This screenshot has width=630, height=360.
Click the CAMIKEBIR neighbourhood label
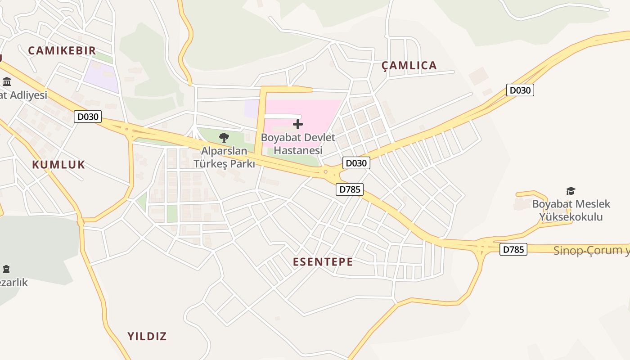pyautogui.click(x=62, y=50)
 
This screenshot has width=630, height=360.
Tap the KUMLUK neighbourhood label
pyautogui.click(x=58, y=165)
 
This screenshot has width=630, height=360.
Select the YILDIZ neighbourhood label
pyautogui.click(x=147, y=336)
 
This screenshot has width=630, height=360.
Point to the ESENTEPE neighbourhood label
pyautogui.click(x=323, y=262)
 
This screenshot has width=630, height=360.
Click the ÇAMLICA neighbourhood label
pyautogui.click(x=409, y=66)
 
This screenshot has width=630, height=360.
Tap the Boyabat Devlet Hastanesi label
pyautogui.click(x=298, y=144)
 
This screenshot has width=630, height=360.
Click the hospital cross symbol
pyautogui.click(x=298, y=124)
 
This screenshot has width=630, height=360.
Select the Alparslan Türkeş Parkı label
pyautogui.click(x=224, y=157)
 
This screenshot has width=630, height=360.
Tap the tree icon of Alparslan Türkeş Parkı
pyautogui.click(x=224, y=138)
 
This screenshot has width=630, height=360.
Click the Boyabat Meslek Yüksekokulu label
pyautogui.click(x=571, y=210)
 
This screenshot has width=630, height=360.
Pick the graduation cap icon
pyautogui.click(x=571, y=191)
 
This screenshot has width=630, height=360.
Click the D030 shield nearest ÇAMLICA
pyautogui.click(x=520, y=90)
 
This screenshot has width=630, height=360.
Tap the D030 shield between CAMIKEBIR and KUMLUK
pyautogui.click(x=88, y=117)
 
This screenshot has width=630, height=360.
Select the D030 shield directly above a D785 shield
pyautogui.click(x=356, y=163)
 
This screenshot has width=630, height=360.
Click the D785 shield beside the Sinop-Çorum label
pyautogui.click(x=513, y=249)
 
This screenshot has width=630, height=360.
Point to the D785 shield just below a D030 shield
pyautogui.click(x=350, y=189)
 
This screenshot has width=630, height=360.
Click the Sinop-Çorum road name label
pyautogui.click(x=591, y=251)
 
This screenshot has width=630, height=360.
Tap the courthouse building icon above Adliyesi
pyautogui.click(x=7, y=82)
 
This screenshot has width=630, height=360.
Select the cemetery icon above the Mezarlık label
pyautogui.click(x=6, y=269)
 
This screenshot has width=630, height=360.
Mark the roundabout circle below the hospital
pyautogui.click(x=325, y=171)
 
